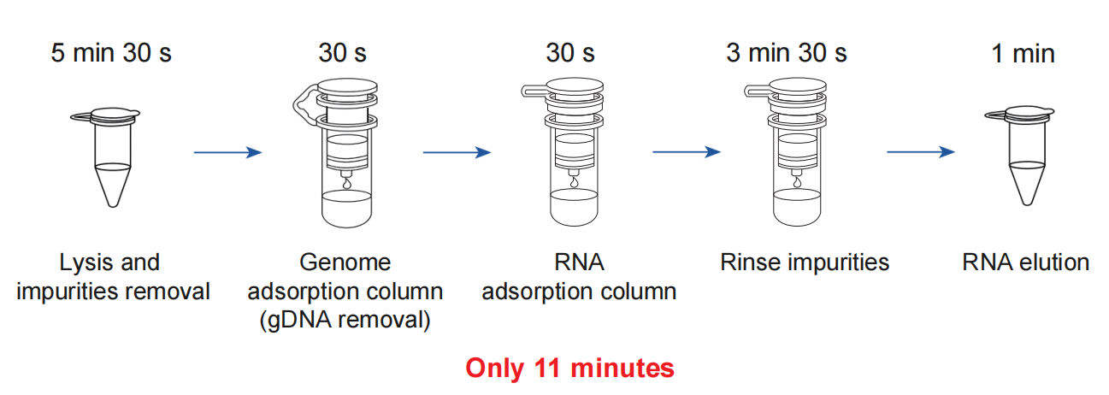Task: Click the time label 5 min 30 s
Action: pyautogui.click(x=111, y=53)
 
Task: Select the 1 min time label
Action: pyautogui.click(x=1023, y=54)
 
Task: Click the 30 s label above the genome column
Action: pyautogui.click(x=342, y=53)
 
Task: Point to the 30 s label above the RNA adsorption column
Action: pyautogui.click(x=570, y=53)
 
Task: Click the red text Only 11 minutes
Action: pyautogui.click(x=569, y=368)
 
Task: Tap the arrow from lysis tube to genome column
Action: pyautogui.click(x=227, y=153)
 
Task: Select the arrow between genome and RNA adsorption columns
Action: pyautogui.click(x=457, y=153)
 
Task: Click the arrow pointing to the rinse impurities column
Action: pyautogui.click(x=686, y=153)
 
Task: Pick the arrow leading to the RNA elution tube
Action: pyautogui.click(x=920, y=153)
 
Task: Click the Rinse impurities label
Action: pyautogui.click(x=804, y=262)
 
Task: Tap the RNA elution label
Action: pyautogui.click(x=1025, y=262)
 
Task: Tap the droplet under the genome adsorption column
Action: pyautogui.click(x=345, y=184)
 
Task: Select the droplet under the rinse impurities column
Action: pyautogui.click(x=798, y=181)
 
